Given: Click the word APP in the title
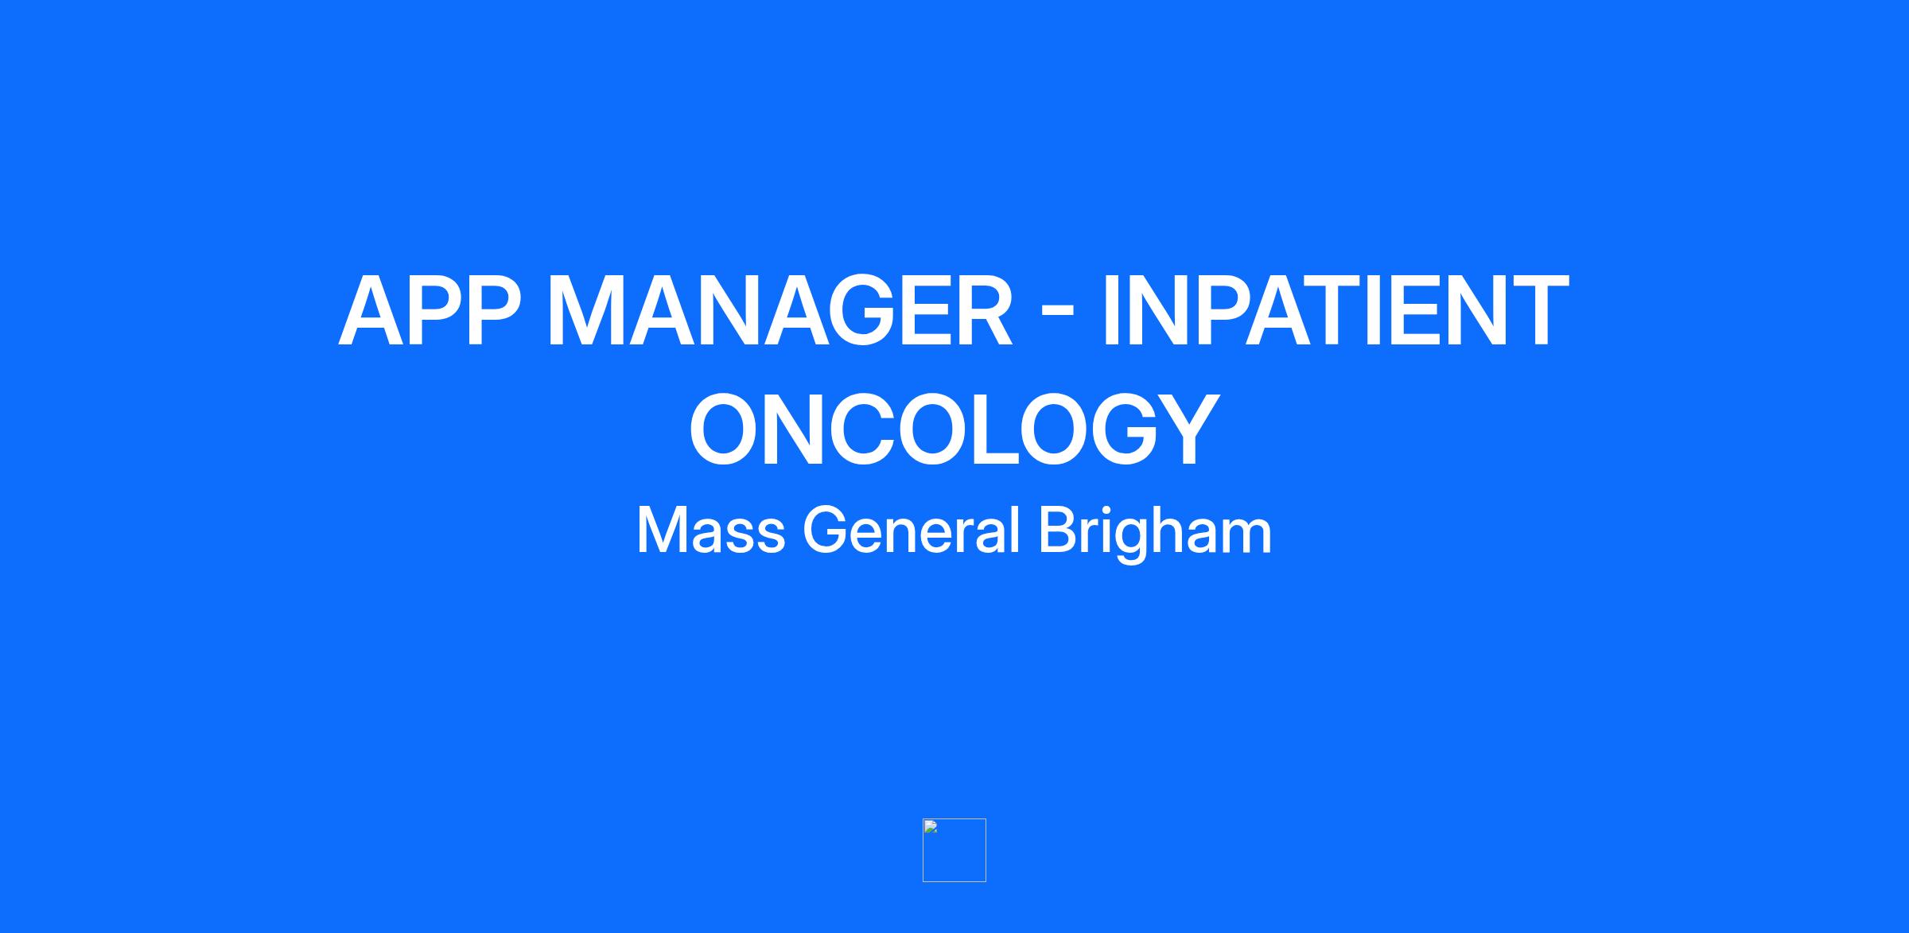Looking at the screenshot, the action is [430, 311].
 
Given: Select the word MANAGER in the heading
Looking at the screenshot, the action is [780, 311].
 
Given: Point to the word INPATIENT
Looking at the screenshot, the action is [1336, 311].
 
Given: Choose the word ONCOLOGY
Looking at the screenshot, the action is [954, 429].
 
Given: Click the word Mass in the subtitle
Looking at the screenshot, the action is [711, 531].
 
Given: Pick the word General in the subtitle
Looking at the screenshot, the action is [912, 531].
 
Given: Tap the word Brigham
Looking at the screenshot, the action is [1155, 535].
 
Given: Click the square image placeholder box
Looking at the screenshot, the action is [954, 849].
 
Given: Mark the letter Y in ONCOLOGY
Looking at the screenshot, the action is [1182, 429].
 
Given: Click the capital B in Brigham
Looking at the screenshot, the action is [1059, 531].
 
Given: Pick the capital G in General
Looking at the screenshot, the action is [826, 531].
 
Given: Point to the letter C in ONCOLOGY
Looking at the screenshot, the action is [866, 429].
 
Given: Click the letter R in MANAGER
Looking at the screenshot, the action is [981, 311].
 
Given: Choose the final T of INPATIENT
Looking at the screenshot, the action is [1538, 311].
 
